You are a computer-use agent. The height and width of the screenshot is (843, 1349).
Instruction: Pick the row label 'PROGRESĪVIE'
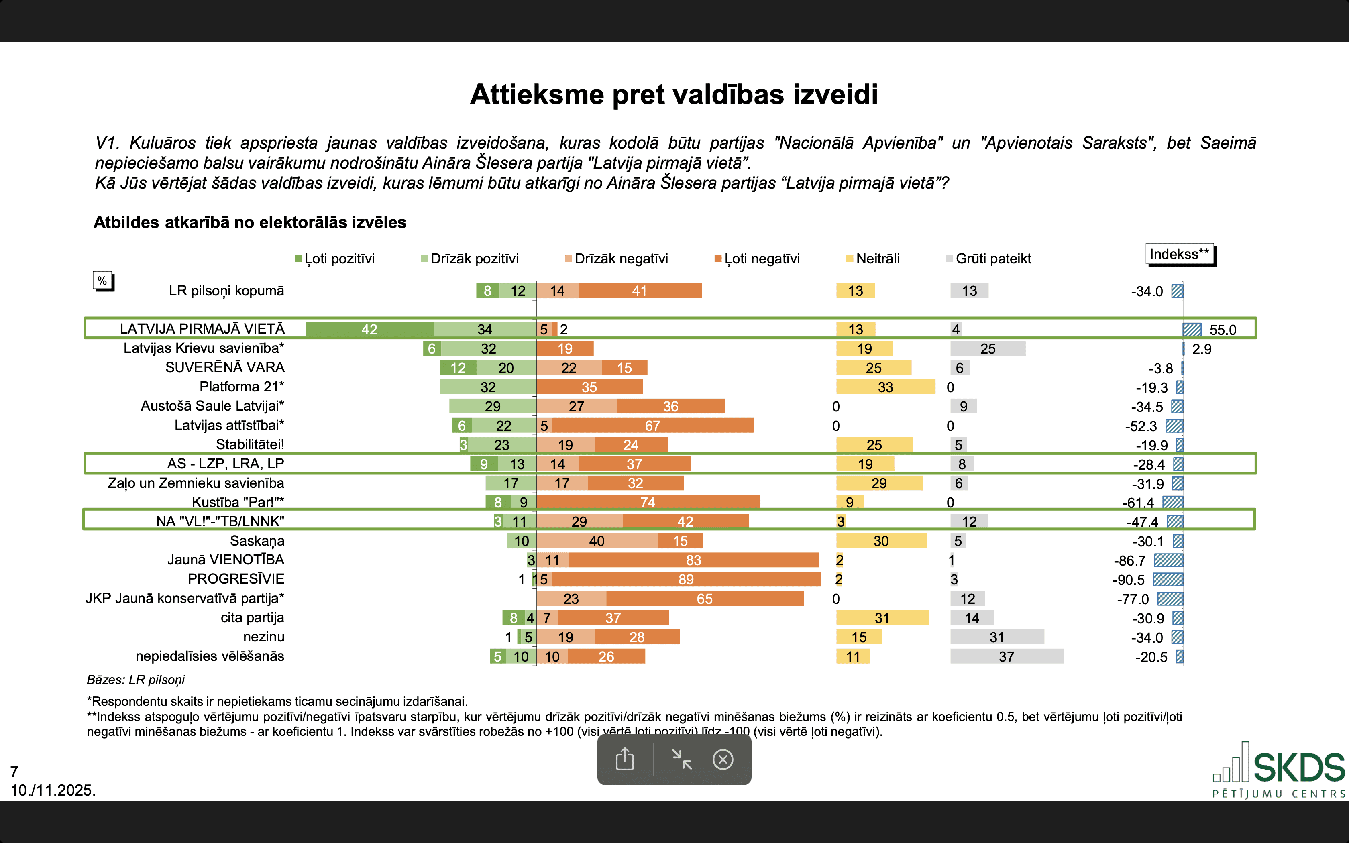coord(236,579)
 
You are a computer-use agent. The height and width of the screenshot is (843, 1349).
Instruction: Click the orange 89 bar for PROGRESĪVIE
coord(686,579)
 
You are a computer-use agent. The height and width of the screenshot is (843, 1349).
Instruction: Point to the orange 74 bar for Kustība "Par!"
coord(648,502)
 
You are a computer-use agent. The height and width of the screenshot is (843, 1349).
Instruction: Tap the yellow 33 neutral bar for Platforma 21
coord(885,387)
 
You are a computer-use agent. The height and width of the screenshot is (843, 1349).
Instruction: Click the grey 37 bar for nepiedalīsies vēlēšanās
coord(1006,656)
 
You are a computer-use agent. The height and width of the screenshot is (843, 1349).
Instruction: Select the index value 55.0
coord(1223,330)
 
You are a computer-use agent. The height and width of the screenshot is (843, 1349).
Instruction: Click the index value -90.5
coord(1128,580)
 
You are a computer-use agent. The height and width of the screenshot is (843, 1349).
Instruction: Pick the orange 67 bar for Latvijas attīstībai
coord(652,426)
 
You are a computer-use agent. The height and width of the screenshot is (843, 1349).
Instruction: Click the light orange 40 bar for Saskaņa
coord(597,541)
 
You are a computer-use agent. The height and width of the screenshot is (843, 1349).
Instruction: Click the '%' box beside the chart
coord(102,281)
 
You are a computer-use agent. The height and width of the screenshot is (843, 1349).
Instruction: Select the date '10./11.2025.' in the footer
coord(53,790)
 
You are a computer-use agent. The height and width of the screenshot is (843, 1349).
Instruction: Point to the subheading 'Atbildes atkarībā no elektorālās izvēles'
coord(250,222)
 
